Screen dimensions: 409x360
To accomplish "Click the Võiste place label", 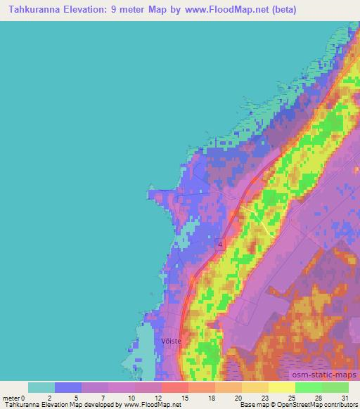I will pyautogui.click(x=172, y=341).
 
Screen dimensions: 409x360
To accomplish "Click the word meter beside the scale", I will pyautogui.click(x=11, y=397).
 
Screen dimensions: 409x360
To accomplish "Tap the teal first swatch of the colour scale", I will pyautogui.click(x=41, y=387).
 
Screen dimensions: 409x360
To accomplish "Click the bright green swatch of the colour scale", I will pyautogui.click(x=309, y=387).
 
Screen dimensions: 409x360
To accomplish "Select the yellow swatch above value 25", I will pyautogui.click(x=282, y=387).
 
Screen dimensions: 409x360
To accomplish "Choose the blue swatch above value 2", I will pyautogui.click(x=68, y=387).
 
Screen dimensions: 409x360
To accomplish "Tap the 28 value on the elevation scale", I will pyautogui.click(x=317, y=397).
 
